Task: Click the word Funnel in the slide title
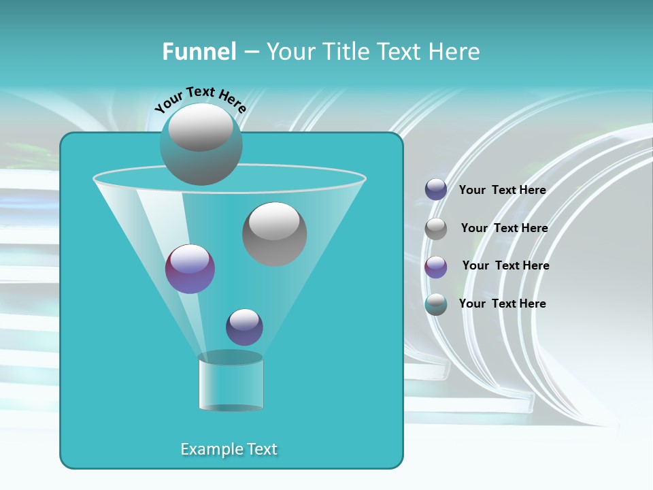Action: click(199, 52)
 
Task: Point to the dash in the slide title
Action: click(250, 52)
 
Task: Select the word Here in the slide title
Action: click(454, 52)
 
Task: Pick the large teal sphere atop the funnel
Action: click(201, 144)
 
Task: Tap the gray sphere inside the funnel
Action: click(274, 233)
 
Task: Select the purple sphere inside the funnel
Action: click(190, 269)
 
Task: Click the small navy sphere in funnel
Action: click(244, 327)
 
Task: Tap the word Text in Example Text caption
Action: click(261, 449)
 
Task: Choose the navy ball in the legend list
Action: click(436, 190)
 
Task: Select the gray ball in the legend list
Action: click(436, 229)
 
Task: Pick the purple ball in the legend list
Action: click(436, 267)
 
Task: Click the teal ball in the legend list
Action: click(436, 304)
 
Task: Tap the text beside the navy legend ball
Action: click(502, 190)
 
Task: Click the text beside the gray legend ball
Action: click(504, 228)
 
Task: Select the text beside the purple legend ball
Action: click(505, 265)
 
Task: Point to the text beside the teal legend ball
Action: click(502, 304)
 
